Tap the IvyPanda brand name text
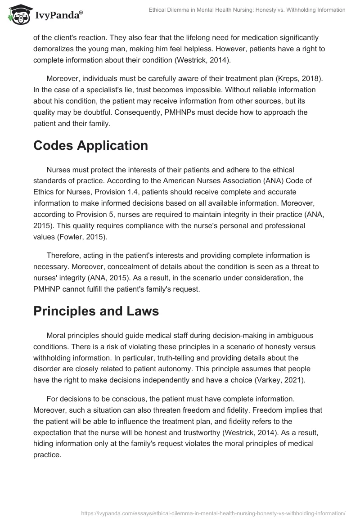pyautogui.click(x=58, y=15)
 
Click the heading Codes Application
pyautogui.click(x=90, y=146)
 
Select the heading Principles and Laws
pyautogui.click(x=96, y=311)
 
